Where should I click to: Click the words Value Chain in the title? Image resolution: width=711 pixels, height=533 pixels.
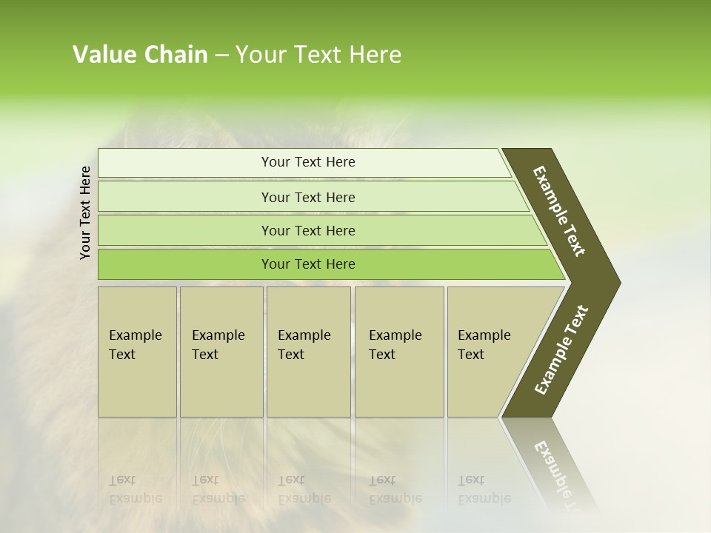(x=140, y=55)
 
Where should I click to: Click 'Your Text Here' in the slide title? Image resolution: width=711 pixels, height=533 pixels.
(x=318, y=55)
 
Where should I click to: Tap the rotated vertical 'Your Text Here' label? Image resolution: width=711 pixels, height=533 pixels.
(x=85, y=212)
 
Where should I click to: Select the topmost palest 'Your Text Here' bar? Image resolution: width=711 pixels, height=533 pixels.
(x=308, y=162)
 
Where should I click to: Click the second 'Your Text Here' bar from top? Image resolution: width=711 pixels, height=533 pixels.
(x=308, y=197)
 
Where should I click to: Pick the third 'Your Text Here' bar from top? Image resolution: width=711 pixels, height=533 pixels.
(x=308, y=230)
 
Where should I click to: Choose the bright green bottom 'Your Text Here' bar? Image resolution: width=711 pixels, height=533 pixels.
(x=308, y=264)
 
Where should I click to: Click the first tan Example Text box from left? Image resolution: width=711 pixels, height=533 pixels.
(x=137, y=352)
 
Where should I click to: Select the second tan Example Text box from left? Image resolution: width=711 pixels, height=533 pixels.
(x=221, y=352)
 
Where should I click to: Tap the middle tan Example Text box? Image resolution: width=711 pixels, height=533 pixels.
(x=308, y=352)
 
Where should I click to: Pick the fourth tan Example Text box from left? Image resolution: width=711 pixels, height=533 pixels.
(x=399, y=352)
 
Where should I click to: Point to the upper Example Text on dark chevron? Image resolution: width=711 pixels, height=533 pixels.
(x=559, y=211)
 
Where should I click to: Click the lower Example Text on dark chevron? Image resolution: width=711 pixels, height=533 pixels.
(x=561, y=349)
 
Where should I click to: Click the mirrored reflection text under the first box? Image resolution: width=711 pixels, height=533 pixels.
(x=135, y=489)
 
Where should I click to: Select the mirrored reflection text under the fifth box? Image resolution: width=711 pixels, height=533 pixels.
(x=484, y=489)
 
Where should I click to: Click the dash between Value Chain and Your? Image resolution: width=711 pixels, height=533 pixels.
(x=221, y=55)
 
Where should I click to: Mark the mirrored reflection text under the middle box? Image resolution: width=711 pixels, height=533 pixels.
(x=304, y=489)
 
